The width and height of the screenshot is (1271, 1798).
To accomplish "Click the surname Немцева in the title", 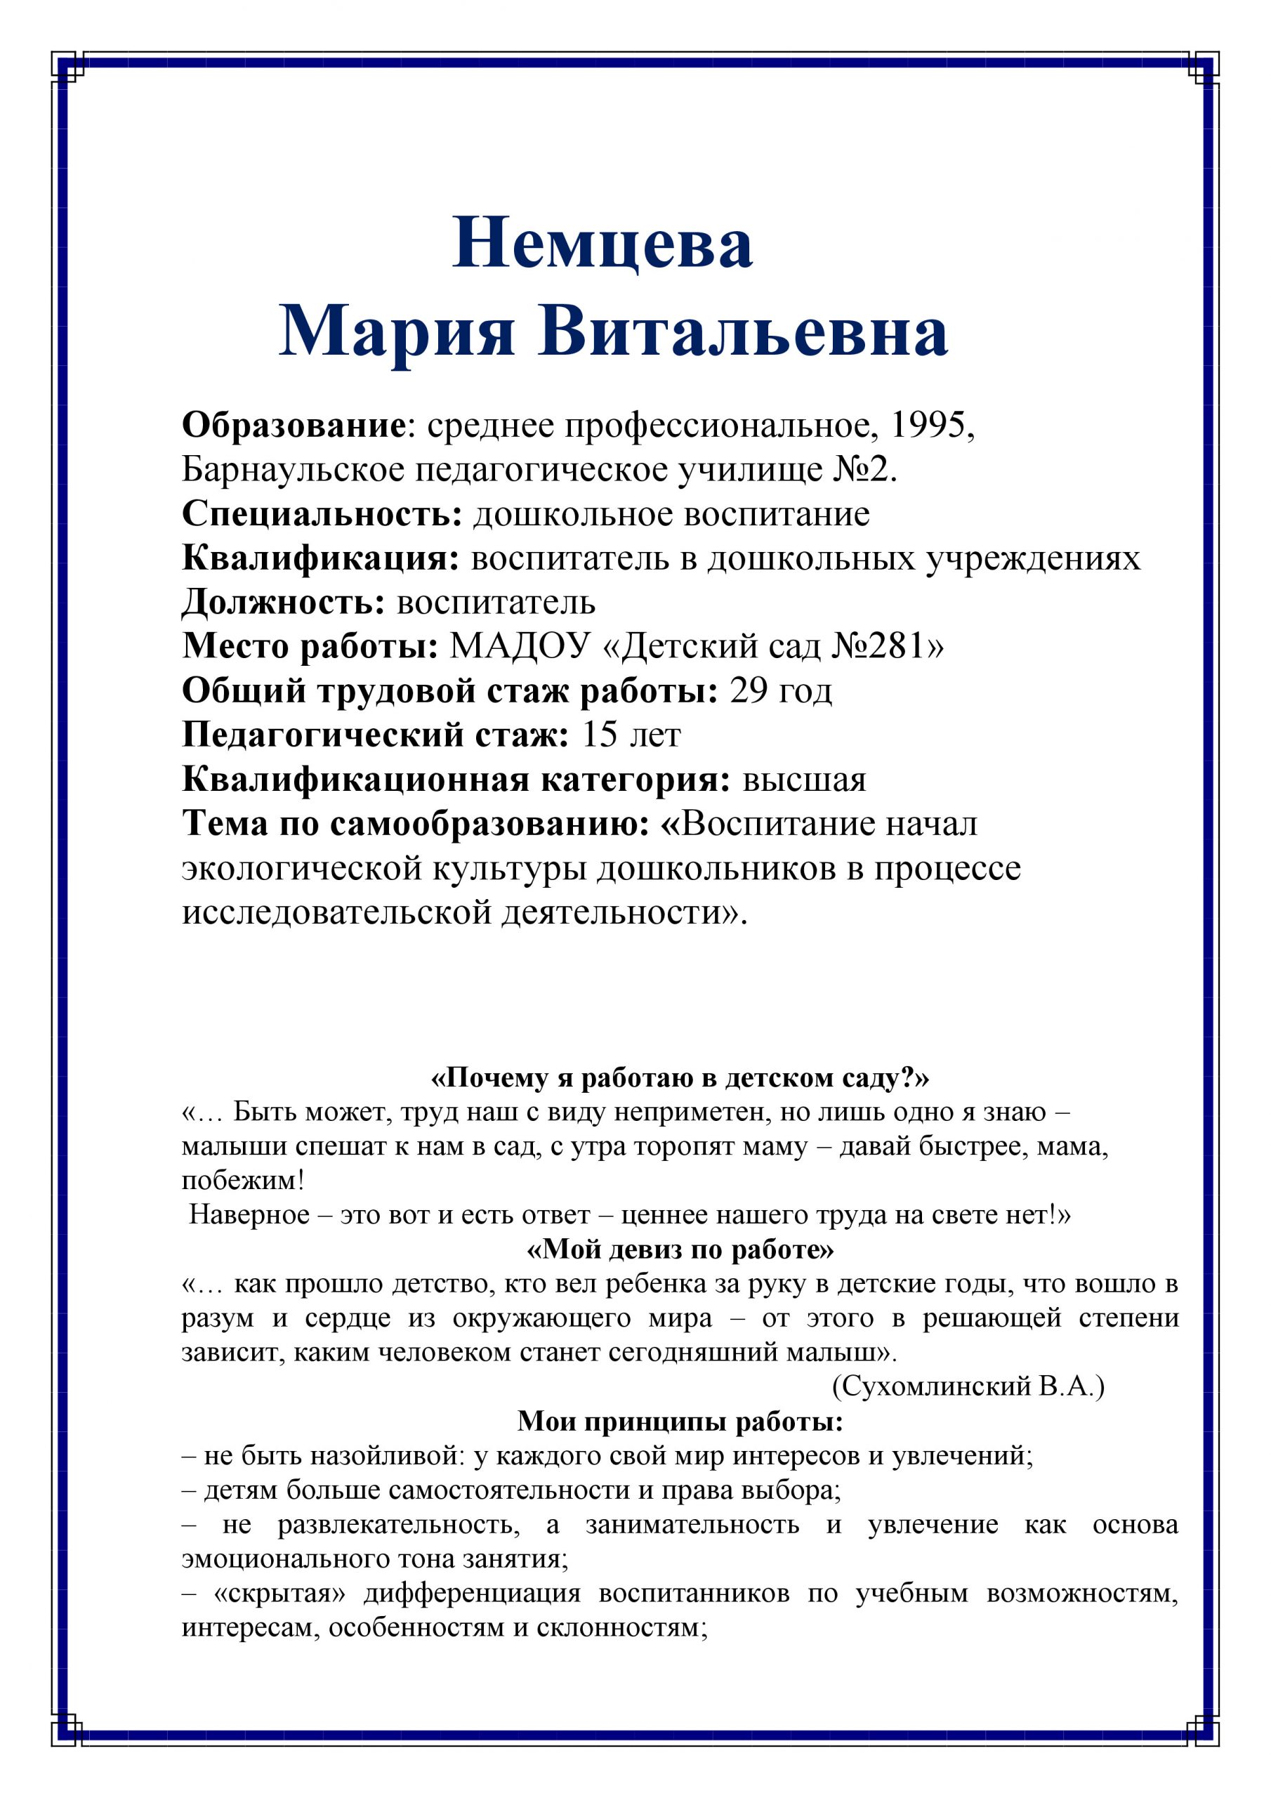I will [602, 244].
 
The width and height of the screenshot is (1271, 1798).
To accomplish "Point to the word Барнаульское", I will [293, 470].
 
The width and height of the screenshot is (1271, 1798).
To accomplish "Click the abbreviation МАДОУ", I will [519, 646].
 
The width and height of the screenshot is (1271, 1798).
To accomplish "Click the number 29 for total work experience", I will [748, 690].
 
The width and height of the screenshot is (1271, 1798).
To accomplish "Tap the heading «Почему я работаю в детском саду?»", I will [680, 1078].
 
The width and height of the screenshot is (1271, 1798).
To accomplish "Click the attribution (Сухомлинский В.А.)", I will [968, 1386].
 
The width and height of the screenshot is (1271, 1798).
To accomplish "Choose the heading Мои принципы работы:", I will [680, 1421].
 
